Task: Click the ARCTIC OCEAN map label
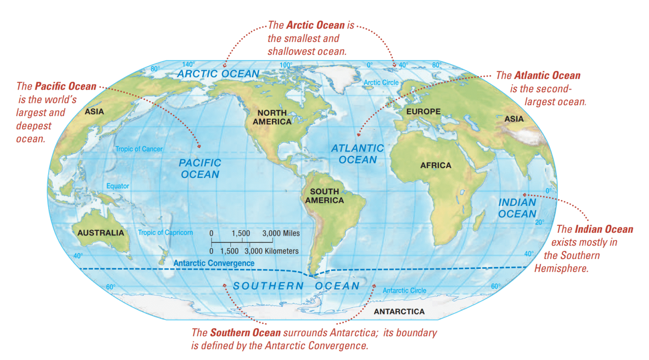pyautogui.click(x=218, y=74)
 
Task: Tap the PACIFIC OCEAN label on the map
pyautogui.click(x=200, y=169)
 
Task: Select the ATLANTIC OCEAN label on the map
pyautogui.click(x=357, y=154)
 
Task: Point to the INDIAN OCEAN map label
pyautogui.click(x=517, y=208)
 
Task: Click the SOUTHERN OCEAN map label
pyautogui.click(x=296, y=286)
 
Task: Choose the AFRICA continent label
pyautogui.click(x=436, y=166)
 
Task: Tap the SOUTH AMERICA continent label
pyautogui.click(x=324, y=196)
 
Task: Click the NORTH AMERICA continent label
pyautogui.click(x=272, y=117)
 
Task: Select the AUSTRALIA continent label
pyautogui.click(x=101, y=233)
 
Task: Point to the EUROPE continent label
pyautogui.click(x=423, y=112)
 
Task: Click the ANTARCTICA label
pyautogui.click(x=399, y=312)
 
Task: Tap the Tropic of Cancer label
pyautogui.click(x=139, y=149)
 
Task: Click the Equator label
pyautogui.click(x=117, y=186)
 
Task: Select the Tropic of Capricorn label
pyautogui.click(x=165, y=232)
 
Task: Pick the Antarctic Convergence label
pyautogui.click(x=214, y=263)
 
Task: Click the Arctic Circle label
pyautogui.click(x=381, y=83)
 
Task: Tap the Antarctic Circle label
pyautogui.click(x=404, y=291)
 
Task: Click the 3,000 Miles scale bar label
pyautogui.click(x=281, y=233)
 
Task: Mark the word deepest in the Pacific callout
pyautogui.click(x=34, y=126)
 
